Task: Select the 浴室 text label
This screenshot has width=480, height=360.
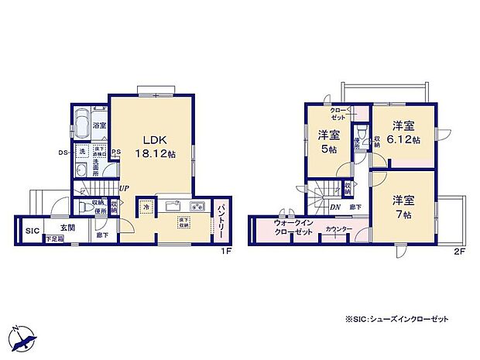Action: (x=101, y=125)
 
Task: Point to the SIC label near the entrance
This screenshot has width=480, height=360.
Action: (x=32, y=231)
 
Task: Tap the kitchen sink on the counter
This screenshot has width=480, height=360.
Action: (x=172, y=206)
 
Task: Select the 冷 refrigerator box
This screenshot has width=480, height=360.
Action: (x=146, y=207)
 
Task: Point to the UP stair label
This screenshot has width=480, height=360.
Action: (x=124, y=188)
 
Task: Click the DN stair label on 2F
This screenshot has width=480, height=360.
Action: (x=335, y=207)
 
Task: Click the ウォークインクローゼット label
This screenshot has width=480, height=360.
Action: (x=292, y=228)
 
